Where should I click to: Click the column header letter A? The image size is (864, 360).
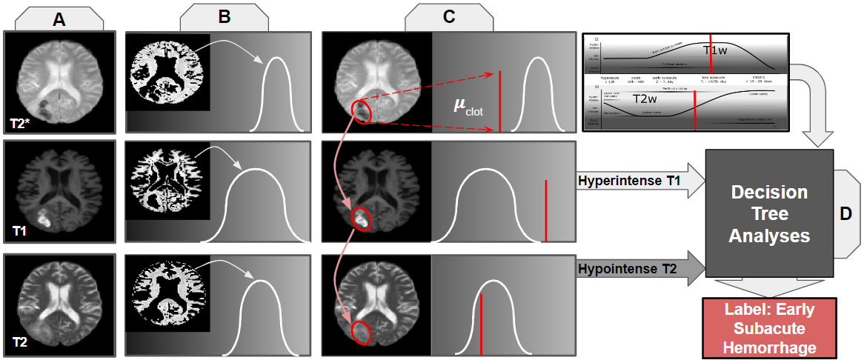pyautogui.click(x=59, y=20)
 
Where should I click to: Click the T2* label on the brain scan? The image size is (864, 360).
pyautogui.click(x=22, y=122)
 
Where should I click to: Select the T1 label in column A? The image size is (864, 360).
pyautogui.click(x=20, y=232)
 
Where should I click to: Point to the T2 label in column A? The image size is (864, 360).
pyautogui.click(x=20, y=343)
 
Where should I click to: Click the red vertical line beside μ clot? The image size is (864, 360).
pyautogui.click(x=500, y=101)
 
